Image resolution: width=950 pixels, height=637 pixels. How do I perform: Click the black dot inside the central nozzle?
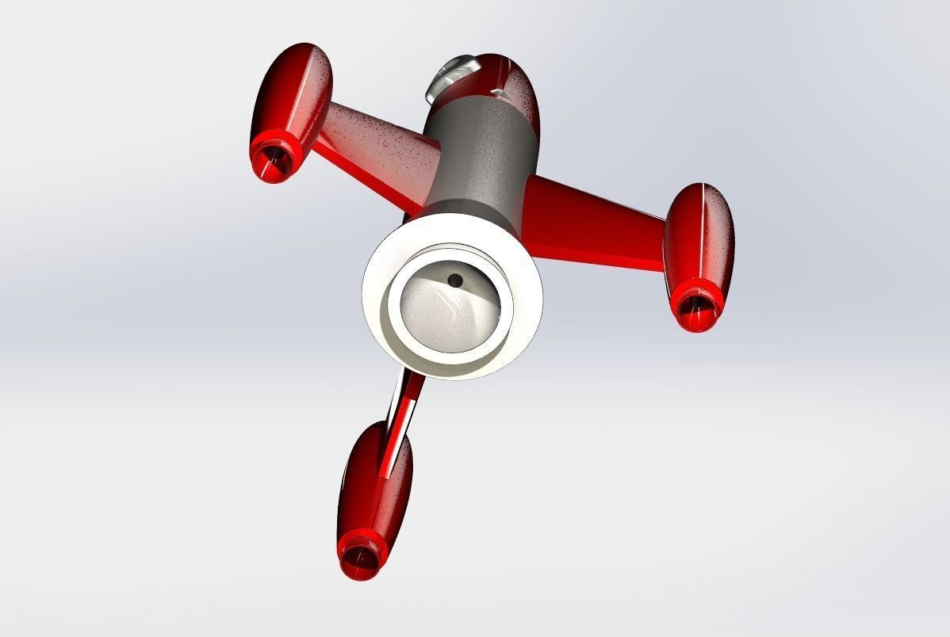pos(455,280)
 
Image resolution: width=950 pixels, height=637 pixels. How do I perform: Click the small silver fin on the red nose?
pos(499,93)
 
